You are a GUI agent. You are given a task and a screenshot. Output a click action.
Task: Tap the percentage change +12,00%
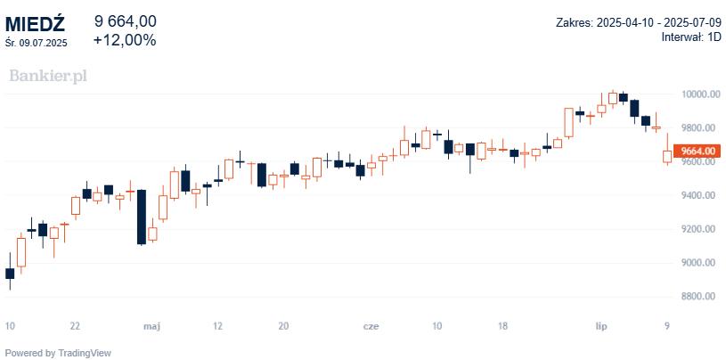[x=125, y=40]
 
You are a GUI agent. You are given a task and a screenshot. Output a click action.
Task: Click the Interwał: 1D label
[x=690, y=37]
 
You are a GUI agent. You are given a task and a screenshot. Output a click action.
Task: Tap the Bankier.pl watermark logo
[x=48, y=76]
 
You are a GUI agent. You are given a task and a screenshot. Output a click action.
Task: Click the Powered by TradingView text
[x=59, y=353]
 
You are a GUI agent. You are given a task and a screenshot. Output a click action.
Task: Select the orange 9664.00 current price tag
[x=699, y=151]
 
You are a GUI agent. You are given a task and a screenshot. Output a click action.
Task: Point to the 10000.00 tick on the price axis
[x=699, y=94]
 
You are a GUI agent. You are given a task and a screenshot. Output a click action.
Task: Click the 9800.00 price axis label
[x=699, y=127]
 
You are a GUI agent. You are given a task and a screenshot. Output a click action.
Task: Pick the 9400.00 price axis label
[x=699, y=195]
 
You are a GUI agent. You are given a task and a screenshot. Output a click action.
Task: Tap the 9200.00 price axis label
[x=699, y=229]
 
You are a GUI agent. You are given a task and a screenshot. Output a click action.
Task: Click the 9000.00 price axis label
[x=699, y=263]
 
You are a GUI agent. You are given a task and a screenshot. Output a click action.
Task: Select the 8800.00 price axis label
[x=699, y=297]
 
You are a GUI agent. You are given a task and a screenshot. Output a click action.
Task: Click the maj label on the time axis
[x=151, y=327]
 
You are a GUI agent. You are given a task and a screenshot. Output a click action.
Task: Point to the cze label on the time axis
[x=371, y=327]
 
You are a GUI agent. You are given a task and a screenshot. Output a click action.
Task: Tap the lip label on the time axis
[x=601, y=327]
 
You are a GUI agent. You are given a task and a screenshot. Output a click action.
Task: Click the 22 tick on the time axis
[x=76, y=327]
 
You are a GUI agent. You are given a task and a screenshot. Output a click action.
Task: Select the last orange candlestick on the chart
[x=667, y=157]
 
